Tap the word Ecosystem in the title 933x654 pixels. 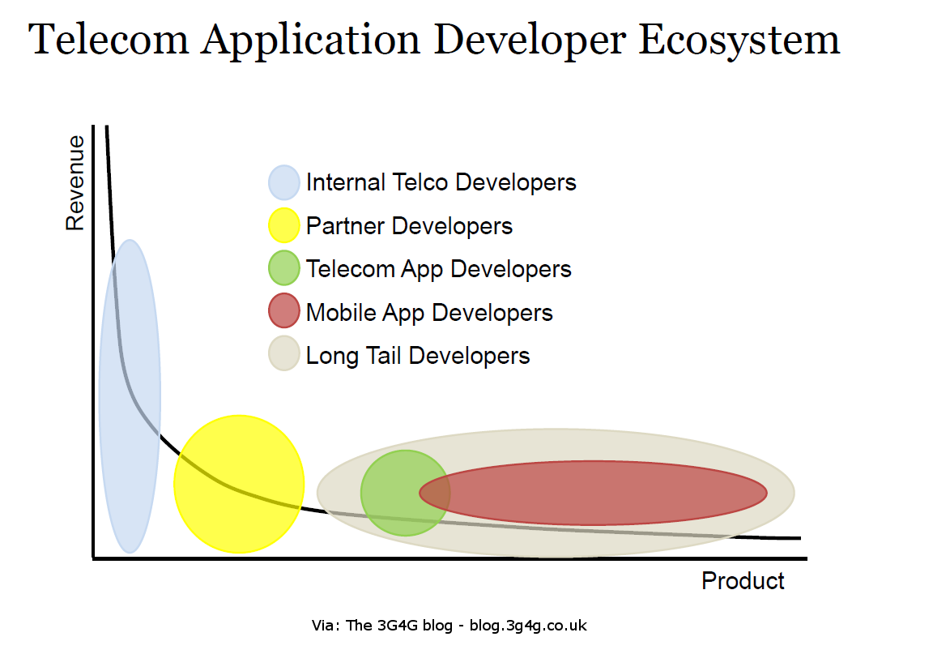click(x=739, y=39)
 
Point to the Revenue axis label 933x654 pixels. click(x=75, y=183)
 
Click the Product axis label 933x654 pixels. click(x=743, y=581)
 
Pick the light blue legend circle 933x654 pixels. click(x=283, y=182)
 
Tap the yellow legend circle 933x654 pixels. click(x=283, y=225)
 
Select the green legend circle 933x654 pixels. click(x=283, y=268)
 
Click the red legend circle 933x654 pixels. click(x=283, y=312)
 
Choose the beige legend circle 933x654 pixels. click(x=283, y=355)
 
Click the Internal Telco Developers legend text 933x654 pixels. click(x=441, y=182)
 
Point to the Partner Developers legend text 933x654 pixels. click(x=409, y=225)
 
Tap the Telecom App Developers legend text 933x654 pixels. click(x=439, y=269)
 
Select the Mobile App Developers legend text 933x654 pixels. click(x=429, y=313)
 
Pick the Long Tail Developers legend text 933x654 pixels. click(x=418, y=356)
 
